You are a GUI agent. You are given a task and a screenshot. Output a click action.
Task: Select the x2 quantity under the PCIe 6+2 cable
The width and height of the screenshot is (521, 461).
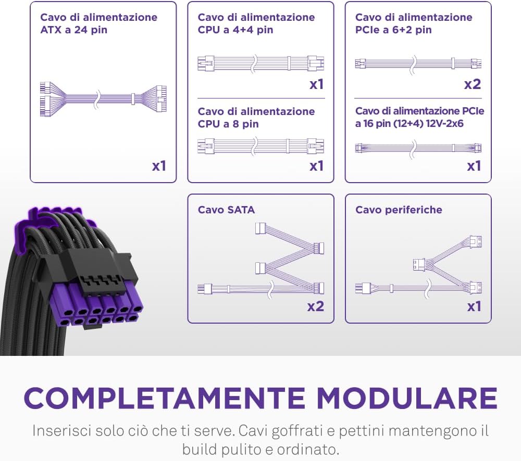(x=473, y=84)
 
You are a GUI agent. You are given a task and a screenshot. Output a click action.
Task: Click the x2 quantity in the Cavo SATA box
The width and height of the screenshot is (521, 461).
(x=315, y=306)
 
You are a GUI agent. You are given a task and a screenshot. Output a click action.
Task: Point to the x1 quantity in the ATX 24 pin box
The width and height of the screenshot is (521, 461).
(x=159, y=166)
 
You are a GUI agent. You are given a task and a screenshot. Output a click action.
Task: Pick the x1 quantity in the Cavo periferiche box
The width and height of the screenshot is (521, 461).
(x=474, y=306)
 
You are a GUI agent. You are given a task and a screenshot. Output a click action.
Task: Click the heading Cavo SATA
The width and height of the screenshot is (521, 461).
(x=226, y=210)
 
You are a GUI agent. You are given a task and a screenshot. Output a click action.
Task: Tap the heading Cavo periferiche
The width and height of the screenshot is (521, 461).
(x=399, y=210)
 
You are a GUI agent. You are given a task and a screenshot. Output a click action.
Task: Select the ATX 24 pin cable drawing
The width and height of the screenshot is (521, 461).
(x=103, y=98)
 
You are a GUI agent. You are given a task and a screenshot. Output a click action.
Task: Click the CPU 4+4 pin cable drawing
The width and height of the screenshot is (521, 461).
(x=261, y=63)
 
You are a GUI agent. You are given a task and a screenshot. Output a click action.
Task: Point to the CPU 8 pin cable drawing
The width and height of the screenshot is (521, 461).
(x=261, y=146)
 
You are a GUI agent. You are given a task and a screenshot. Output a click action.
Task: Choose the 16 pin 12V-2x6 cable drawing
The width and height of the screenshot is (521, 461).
(x=418, y=148)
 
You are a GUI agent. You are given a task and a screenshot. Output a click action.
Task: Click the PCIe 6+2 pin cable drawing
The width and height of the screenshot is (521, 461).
(x=418, y=63)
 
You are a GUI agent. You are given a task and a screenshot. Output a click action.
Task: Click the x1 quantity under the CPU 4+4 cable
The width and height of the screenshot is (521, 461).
(x=316, y=84)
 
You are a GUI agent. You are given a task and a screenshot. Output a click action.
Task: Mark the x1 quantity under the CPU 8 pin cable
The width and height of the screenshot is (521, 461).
(x=316, y=166)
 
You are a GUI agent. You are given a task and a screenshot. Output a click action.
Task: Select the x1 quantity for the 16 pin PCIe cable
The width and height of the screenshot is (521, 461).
(x=474, y=166)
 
